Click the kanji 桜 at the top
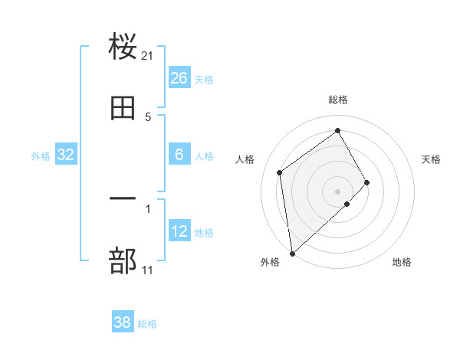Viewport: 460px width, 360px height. click(123, 47)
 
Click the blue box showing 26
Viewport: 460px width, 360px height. click(179, 78)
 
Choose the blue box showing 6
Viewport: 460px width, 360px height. click(179, 155)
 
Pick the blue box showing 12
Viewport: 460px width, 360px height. click(179, 231)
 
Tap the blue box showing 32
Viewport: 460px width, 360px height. click(66, 155)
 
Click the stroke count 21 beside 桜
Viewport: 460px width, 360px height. click(148, 55)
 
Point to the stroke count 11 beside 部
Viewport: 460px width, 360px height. click(148, 270)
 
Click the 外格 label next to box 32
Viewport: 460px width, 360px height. click(41, 155)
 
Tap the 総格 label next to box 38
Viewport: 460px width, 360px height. click(147, 324)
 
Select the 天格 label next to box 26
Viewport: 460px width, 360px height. click(204, 79)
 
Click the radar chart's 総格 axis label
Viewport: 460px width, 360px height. click(338, 100)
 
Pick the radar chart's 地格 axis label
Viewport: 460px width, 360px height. click(402, 262)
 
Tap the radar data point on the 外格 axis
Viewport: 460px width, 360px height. click(292, 253)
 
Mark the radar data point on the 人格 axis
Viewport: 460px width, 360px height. click(280, 172)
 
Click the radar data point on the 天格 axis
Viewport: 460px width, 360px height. click(367, 182)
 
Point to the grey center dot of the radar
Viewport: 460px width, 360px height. click(337, 191)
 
